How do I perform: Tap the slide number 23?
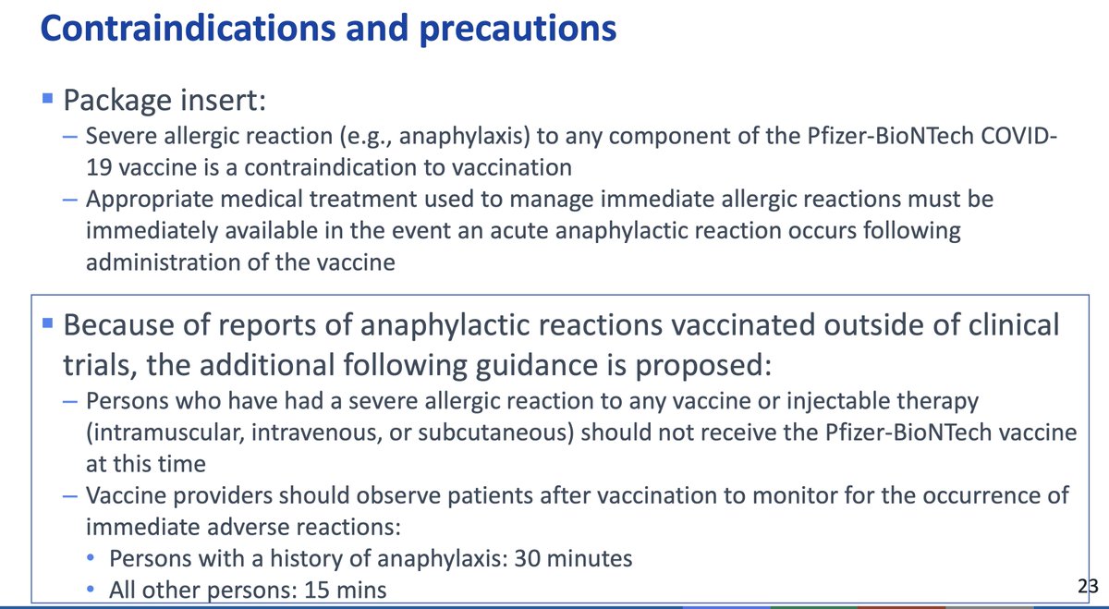[1088, 585]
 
